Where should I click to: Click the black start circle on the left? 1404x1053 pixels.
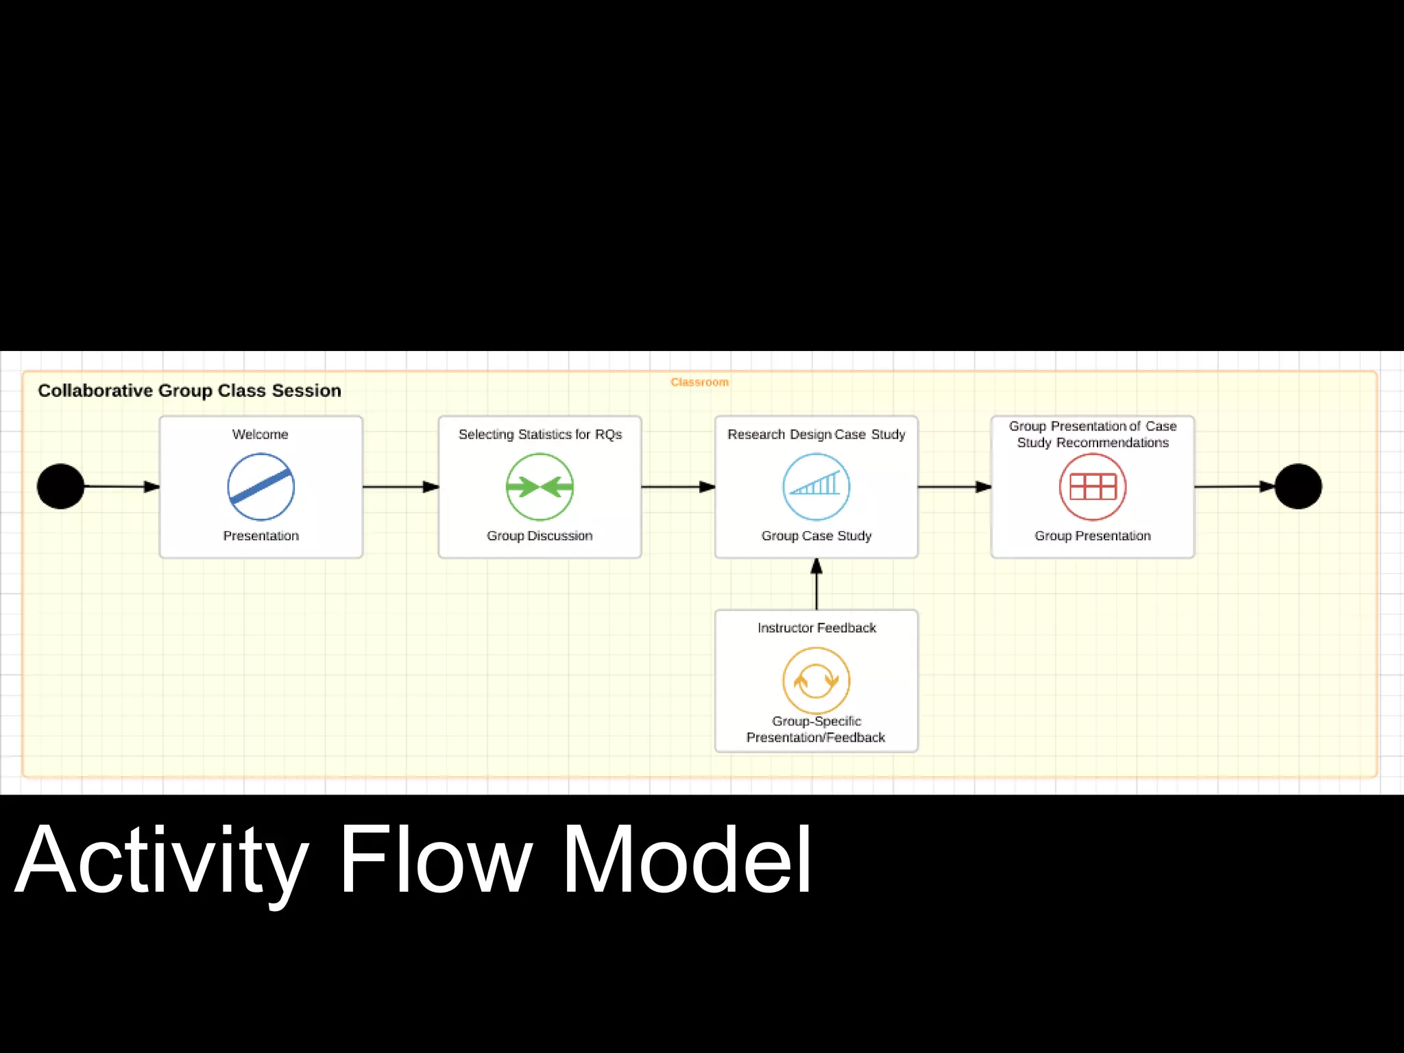click(x=61, y=486)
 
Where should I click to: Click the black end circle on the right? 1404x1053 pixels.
click(x=1298, y=486)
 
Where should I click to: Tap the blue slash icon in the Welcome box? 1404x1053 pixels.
click(x=261, y=487)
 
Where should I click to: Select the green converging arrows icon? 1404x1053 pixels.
click(x=540, y=487)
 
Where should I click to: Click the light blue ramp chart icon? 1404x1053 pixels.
click(x=816, y=486)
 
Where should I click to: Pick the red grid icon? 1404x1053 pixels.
click(x=1093, y=487)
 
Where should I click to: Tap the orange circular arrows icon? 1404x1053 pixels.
click(x=816, y=681)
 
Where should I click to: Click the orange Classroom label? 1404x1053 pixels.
click(x=699, y=383)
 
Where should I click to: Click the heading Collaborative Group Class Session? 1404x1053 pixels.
click(x=189, y=391)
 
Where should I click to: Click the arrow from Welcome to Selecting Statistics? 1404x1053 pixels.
click(x=400, y=487)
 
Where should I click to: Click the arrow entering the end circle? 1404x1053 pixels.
click(x=1234, y=487)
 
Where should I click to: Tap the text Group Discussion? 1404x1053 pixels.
click(x=540, y=536)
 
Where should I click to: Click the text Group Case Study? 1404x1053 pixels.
click(x=816, y=536)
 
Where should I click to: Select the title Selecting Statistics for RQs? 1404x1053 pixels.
click(x=540, y=435)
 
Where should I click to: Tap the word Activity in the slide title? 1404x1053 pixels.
click(x=162, y=860)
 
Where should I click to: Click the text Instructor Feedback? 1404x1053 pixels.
click(x=816, y=628)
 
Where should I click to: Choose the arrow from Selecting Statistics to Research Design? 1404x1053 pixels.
click(x=678, y=487)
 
